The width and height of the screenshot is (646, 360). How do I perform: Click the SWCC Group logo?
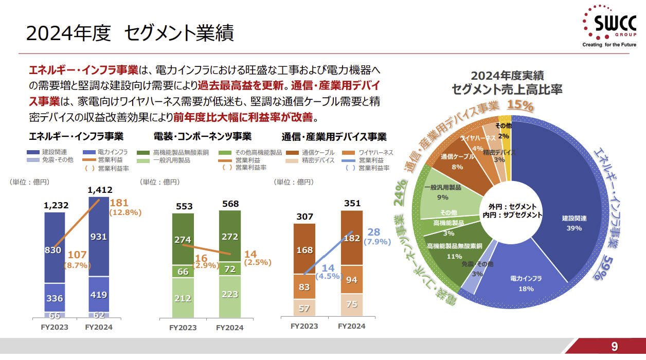609,26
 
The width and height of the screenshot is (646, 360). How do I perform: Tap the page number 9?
614,346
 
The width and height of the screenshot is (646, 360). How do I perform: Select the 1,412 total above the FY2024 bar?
100,190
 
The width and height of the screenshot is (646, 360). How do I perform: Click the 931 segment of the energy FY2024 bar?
99,237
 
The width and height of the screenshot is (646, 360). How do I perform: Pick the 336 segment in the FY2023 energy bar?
55,298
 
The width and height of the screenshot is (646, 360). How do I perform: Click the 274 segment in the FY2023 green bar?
183,240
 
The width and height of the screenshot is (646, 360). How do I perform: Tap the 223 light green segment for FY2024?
229,294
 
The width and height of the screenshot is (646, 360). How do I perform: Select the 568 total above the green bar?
230,204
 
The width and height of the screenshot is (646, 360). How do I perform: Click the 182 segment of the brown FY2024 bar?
351,238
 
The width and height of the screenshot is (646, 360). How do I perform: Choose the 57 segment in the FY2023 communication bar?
304,308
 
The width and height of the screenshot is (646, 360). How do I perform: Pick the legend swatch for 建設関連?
33,153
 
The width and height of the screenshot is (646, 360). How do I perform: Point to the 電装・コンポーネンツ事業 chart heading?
203,137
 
